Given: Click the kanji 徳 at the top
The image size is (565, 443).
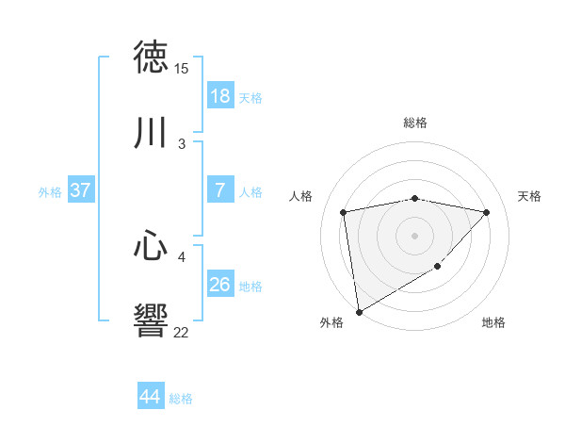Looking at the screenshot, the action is tap(152, 57).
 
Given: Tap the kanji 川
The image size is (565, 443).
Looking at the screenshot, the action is tap(152, 133).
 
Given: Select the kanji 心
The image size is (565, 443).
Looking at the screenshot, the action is tap(152, 246).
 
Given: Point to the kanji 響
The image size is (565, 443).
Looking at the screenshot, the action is tap(152, 321).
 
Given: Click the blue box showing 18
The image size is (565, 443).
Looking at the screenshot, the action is tap(219, 95).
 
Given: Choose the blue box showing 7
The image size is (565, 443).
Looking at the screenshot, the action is tap(219, 190).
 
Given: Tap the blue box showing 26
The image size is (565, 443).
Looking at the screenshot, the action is tap(219, 284).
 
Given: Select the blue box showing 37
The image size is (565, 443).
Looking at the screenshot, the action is tap(80, 190).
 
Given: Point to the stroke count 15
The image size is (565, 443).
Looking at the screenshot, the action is tap(181, 69).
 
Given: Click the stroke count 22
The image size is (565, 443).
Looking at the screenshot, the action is tap(181, 332).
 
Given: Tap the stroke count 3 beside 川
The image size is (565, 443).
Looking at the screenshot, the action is tap(182, 143).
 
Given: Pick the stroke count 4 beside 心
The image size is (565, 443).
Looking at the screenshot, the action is tap(182, 256).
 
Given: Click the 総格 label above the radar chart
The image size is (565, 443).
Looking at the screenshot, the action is tap(415, 123).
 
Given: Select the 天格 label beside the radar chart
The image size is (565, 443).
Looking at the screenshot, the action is tap(530, 196).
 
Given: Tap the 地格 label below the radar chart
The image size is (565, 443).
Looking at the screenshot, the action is tap(493, 323).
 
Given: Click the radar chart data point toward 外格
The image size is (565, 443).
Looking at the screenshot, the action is tap(358, 311).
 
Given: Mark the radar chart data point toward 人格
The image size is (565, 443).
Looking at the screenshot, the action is tap(344, 212).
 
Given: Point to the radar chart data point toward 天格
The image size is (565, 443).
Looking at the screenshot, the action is tap(486, 212).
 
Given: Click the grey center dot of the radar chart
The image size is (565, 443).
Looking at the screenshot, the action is tap(415, 235).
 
